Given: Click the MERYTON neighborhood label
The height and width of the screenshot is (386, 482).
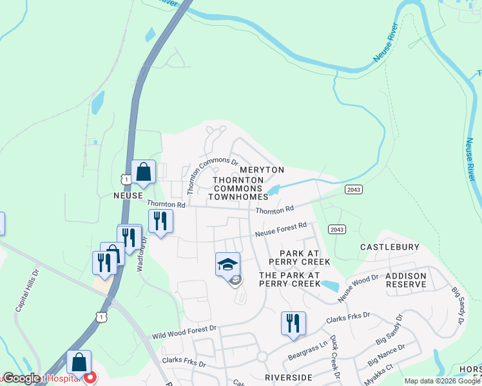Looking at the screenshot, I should point(262,169).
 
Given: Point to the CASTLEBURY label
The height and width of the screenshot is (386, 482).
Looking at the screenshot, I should point(389,247).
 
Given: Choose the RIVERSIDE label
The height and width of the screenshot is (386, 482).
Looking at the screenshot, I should point(288,377).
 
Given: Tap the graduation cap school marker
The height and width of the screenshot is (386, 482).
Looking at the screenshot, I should point(227,265).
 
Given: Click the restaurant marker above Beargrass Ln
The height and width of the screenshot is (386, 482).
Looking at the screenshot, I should point(293,324).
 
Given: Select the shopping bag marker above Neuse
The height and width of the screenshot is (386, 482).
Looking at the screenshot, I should point(143,172).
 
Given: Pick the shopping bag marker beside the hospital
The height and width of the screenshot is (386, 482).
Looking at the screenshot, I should point(79,363).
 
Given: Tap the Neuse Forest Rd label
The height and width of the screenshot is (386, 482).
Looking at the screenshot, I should point(280,230).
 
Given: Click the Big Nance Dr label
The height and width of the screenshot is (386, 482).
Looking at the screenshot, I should point(386,356).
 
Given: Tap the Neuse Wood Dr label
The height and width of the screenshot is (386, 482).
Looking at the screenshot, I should point(358,286).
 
